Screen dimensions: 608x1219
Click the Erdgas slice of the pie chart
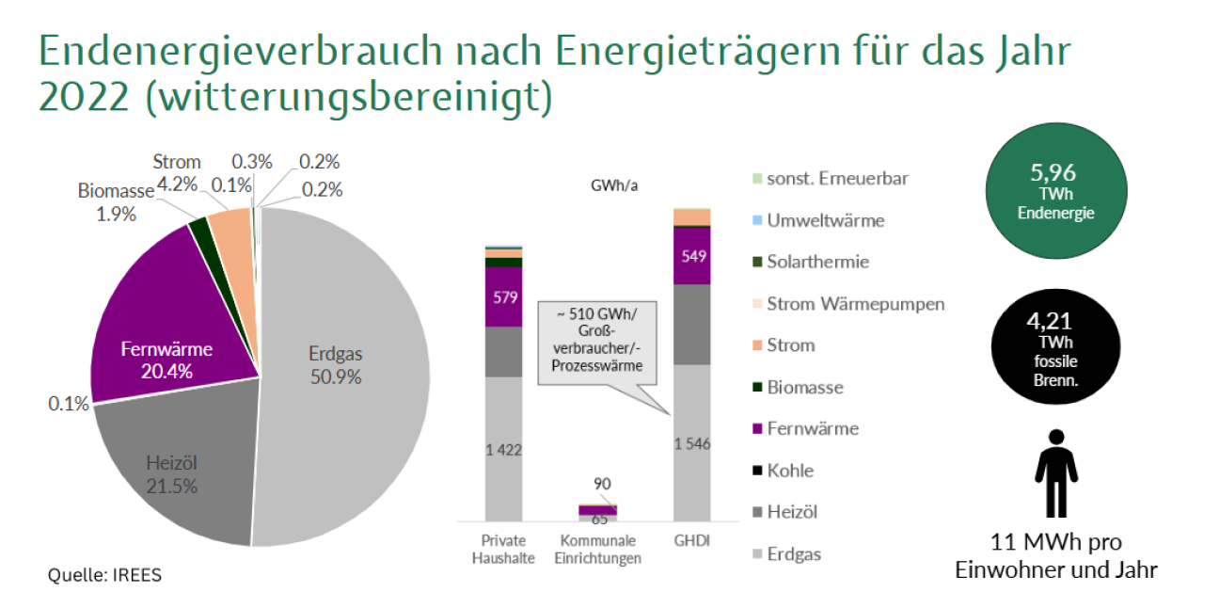tap(348, 376)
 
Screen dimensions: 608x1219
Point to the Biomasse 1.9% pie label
tap(116, 202)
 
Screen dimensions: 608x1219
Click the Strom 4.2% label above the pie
tap(177, 173)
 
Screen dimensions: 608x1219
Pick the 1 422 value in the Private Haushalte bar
tap(503, 450)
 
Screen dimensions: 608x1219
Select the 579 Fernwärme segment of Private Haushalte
tap(503, 298)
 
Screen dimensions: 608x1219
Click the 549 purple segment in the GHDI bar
tap(692, 255)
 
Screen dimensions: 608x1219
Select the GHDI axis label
tap(691, 541)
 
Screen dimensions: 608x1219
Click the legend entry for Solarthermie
tap(816, 262)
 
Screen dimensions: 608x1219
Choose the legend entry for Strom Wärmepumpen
tap(854, 303)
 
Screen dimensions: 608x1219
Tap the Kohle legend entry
tap(789, 470)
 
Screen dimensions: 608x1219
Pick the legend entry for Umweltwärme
tap(825, 220)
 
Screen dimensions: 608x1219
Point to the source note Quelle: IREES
tap(104, 575)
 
